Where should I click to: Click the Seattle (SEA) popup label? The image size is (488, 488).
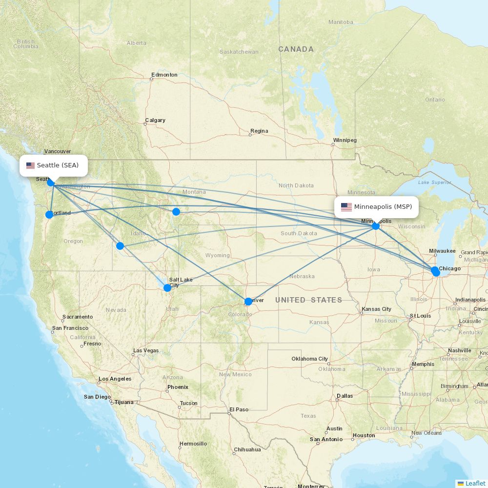click(54, 165)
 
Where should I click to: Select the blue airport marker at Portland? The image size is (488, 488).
click(49, 215)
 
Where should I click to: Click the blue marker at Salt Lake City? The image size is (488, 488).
click(167, 288)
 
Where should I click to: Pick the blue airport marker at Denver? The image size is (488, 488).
click(248, 302)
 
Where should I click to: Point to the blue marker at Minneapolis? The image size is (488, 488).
click(376, 226)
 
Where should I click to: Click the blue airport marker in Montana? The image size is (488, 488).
click(176, 212)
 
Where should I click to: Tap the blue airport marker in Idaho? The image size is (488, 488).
click(120, 246)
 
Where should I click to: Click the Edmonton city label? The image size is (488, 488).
click(164, 75)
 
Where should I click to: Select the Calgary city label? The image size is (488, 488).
click(155, 120)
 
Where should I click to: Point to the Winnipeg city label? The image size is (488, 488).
click(345, 140)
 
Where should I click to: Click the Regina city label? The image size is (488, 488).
click(259, 131)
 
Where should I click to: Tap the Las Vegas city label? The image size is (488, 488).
click(146, 350)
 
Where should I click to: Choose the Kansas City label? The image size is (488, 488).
click(377, 309)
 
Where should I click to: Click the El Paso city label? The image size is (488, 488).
click(239, 409)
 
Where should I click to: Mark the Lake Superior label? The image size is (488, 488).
click(435, 183)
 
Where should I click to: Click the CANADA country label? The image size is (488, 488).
click(296, 49)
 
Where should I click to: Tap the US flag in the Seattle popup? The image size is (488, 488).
click(31, 165)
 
